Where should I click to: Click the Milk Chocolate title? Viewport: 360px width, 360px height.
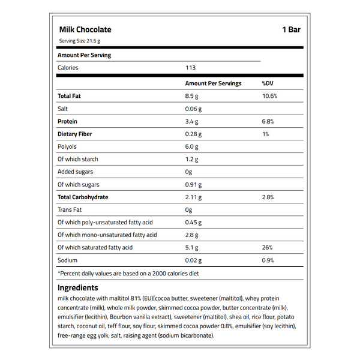point(85,29)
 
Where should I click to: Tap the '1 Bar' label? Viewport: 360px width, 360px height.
point(291,29)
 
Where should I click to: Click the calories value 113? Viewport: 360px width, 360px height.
point(191,68)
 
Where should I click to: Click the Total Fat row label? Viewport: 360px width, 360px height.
point(69,96)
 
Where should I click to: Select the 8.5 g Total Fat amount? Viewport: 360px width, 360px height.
point(193,96)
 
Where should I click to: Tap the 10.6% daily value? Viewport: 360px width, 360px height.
point(270,96)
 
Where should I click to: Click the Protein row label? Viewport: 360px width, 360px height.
point(68,121)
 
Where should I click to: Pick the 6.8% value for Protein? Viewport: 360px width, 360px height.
point(268,121)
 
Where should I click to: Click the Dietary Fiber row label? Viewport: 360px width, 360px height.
point(74,134)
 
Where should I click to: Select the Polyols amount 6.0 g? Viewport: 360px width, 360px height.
point(192,146)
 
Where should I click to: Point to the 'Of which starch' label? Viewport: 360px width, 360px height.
point(78,159)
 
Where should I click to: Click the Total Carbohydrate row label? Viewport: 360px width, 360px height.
point(83,197)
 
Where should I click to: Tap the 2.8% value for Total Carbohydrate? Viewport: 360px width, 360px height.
point(268,197)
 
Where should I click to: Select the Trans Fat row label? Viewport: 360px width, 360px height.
point(69,209)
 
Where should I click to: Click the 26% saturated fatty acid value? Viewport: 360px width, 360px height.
point(268,247)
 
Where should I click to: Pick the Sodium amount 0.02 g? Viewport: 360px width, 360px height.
point(194,260)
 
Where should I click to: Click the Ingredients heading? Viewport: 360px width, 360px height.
point(78,288)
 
